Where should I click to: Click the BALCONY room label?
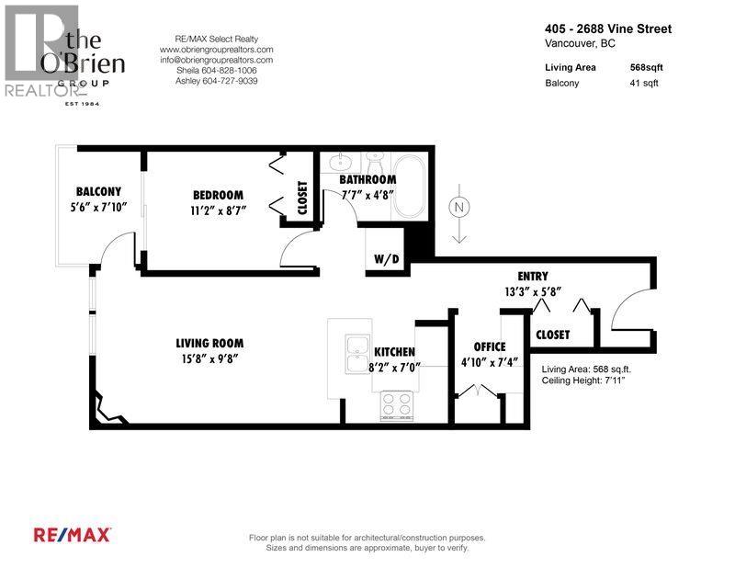[98, 191]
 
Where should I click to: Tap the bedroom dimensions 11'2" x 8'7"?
[219, 210]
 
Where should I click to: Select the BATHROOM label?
[367, 179]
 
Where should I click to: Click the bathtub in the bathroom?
[409, 187]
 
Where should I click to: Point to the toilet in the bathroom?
[375, 163]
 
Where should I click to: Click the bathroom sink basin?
[340, 163]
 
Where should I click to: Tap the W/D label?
[387, 258]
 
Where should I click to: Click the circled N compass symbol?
[458, 207]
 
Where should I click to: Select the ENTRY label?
[533, 276]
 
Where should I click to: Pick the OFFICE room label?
[490, 346]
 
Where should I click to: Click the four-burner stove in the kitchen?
[397, 405]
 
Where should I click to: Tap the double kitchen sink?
[357, 354]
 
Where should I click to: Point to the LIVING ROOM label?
[209, 343]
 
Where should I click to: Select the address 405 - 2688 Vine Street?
[608, 28]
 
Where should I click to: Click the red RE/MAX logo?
[73, 535]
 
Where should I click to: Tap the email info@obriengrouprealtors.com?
[216, 60]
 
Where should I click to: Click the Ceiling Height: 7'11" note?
[583, 380]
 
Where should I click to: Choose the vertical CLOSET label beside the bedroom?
[302, 198]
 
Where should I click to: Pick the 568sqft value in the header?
[647, 67]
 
